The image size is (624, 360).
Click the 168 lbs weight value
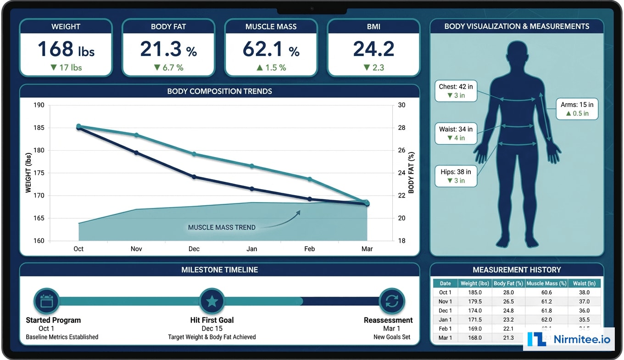tap(66, 49)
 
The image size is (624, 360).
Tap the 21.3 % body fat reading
tap(168, 49)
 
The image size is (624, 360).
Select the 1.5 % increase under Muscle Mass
tap(271, 67)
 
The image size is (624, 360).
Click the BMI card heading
tap(373, 27)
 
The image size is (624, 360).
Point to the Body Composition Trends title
tap(219, 91)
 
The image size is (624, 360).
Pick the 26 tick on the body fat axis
tap(401, 150)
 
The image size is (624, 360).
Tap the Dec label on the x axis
tap(194, 249)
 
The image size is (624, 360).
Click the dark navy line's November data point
tap(136, 152)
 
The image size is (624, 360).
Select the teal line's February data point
tap(310, 179)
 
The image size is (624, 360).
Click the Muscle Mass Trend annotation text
tap(222, 227)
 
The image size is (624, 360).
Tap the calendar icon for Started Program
tap(47, 301)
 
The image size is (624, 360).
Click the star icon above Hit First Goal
tap(212, 301)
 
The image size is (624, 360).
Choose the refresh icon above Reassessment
tap(391, 301)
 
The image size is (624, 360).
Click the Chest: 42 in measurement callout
tap(456, 91)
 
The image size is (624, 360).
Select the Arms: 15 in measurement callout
tap(577, 109)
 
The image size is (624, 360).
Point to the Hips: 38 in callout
tap(456, 176)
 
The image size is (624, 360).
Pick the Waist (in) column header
tap(584, 283)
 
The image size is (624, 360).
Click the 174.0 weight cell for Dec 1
tap(474, 310)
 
